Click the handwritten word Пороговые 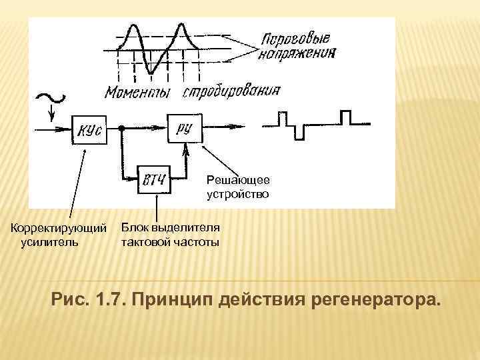[x=296, y=39]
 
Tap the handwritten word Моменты [x=137, y=93]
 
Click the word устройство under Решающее [x=238, y=194]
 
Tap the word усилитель [x=49, y=242]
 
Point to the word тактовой [x=144, y=241]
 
